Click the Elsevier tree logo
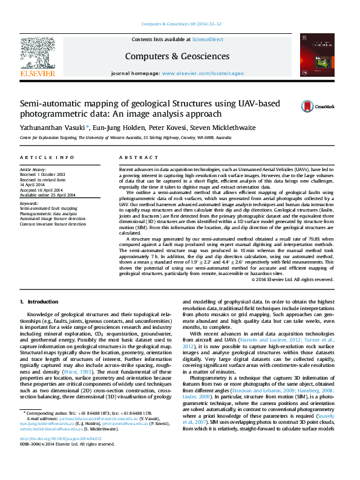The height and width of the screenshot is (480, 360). [x=38, y=56]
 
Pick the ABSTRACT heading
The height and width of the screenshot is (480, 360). [x=134, y=157]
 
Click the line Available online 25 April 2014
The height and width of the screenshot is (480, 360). [x=48, y=195]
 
